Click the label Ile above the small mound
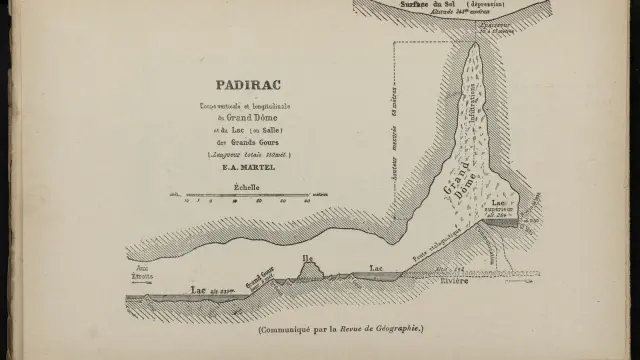[308, 259]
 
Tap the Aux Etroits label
[139, 270]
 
